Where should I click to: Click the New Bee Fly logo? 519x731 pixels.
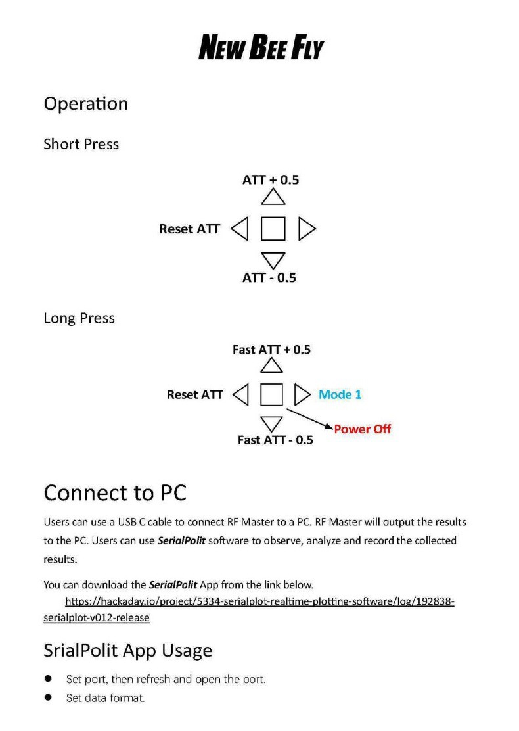pos(261,48)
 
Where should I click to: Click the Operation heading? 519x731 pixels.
pos(85,104)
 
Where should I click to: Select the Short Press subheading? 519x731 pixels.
pos(81,144)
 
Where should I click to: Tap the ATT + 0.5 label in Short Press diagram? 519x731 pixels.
pos(271,179)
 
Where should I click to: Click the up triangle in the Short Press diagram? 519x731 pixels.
pos(273,197)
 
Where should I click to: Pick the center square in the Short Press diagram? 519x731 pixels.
pos(273,229)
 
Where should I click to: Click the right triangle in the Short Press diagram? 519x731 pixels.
pos(306,229)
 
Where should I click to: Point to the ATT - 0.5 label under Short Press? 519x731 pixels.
pos(269,277)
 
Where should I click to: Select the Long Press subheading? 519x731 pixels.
pos(79,318)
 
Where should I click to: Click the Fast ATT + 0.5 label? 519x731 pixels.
pos(271,350)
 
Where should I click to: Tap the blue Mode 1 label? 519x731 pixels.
pos(340,394)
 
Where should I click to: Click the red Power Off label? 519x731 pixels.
pos(362,429)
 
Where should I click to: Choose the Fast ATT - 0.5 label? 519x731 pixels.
pos(275,440)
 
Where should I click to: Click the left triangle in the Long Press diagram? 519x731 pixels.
pos(241,395)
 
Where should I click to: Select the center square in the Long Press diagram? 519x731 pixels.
pos(271,395)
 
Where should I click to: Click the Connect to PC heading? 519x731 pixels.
pos(114,492)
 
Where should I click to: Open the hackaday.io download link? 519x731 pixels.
pos(259,601)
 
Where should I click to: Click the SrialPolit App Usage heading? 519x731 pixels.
pos(127,650)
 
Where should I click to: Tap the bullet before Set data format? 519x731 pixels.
pos(48,697)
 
